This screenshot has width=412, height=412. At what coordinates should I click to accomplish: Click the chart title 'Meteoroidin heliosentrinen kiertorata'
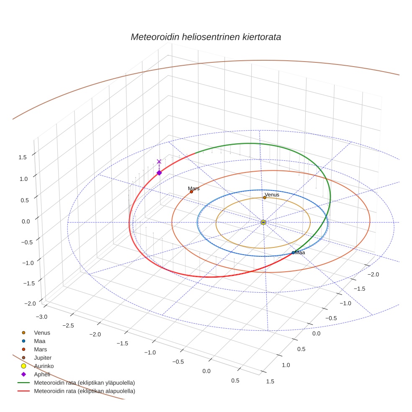pos(206,37)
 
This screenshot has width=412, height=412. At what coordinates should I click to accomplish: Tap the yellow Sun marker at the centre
pos(263,222)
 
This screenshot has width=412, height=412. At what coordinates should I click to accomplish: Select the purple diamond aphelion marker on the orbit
pos(159,173)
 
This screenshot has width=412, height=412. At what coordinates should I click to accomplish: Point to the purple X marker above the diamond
pos(159,162)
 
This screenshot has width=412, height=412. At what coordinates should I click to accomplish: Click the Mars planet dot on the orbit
pos(191,192)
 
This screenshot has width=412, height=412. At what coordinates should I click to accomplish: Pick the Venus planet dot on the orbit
pos(265,198)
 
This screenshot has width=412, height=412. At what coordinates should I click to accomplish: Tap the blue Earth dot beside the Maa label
pos(293,252)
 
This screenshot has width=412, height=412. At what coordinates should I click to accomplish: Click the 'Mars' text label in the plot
pos(193,188)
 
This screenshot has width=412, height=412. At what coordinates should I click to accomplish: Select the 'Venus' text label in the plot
pos(272,195)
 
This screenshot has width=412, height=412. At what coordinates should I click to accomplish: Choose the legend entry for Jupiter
pos(42,358)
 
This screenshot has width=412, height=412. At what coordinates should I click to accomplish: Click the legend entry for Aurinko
pos(44,366)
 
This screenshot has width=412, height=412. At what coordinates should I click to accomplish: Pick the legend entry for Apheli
pos(42,374)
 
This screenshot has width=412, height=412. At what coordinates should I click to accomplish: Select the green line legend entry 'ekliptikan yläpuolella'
pos(84,383)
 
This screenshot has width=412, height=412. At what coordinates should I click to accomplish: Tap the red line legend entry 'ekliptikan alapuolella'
pos(84,391)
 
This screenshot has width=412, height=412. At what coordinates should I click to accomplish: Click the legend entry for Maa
pos(40,341)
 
